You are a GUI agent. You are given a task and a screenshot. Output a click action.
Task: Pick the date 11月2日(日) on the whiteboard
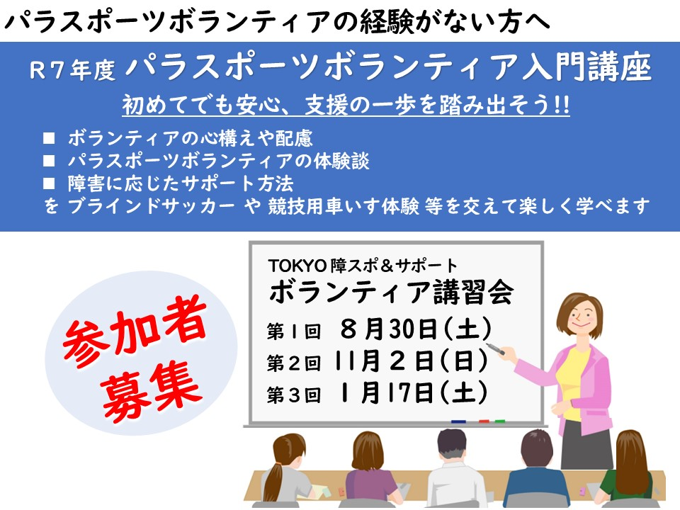(x=411, y=361)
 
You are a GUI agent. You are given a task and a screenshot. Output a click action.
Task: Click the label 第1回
(x=293, y=331)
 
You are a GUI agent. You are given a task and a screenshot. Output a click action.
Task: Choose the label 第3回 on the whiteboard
(x=293, y=395)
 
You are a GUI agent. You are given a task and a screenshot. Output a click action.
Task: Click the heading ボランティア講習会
(x=391, y=292)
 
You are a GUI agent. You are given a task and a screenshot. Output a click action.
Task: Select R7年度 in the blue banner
(x=72, y=70)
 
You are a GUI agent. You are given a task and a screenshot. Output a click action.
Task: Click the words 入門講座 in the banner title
(x=586, y=67)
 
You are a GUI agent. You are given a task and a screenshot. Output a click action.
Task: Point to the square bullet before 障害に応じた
(x=49, y=183)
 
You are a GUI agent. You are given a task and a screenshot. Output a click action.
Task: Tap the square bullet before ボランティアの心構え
(x=49, y=138)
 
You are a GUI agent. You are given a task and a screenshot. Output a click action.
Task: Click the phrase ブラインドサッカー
(x=152, y=205)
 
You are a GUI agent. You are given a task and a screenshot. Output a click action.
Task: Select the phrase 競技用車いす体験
(x=344, y=205)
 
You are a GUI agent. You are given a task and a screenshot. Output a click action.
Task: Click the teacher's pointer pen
(x=496, y=349)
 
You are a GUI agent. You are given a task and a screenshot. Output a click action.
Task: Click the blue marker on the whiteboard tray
(x=458, y=421)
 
